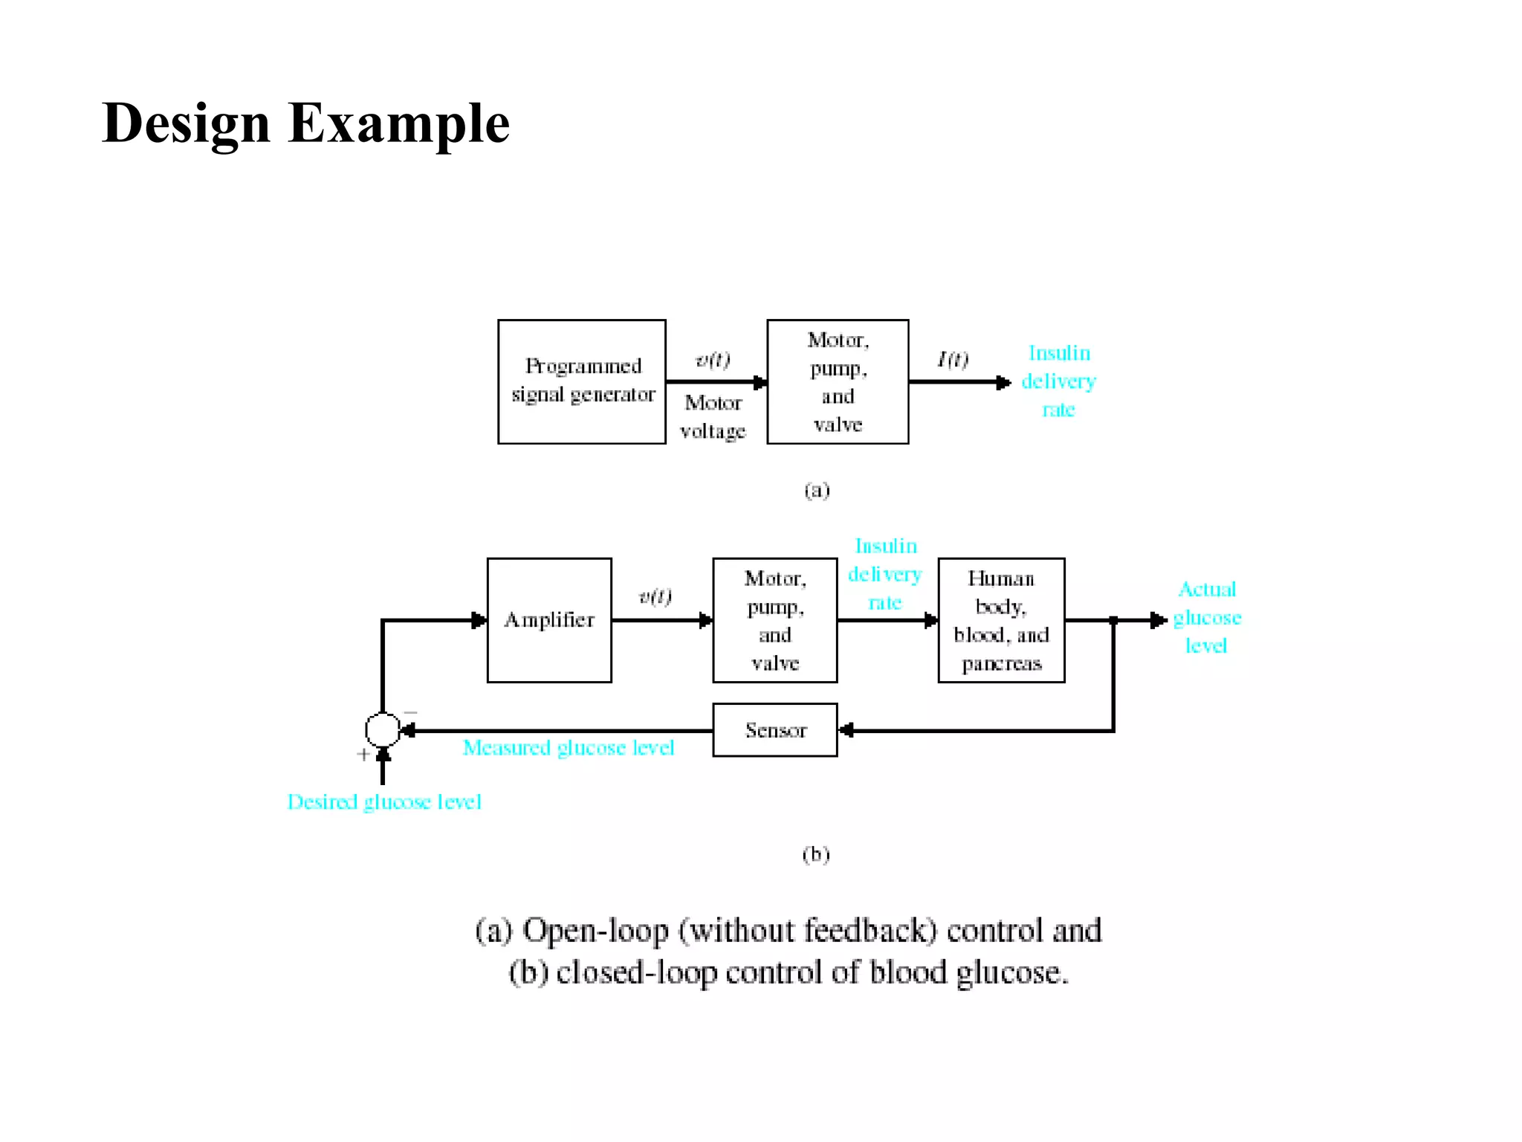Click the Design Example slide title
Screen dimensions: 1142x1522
tap(305, 123)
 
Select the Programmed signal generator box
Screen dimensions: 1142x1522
tap(582, 382)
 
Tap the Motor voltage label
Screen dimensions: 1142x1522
tap(713, 416)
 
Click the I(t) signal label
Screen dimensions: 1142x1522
tap(953, 360)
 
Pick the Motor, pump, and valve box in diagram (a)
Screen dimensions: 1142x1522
tap(838, 382)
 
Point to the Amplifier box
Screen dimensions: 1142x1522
tap(549, 620)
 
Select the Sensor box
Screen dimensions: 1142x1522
tap(775, 730)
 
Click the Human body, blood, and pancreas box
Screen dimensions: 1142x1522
tap(1001, 620)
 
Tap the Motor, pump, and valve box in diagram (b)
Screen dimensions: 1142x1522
tap(775, 620)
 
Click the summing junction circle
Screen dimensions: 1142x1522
tap(383, 729)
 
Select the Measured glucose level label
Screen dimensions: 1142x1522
tap(569, 748)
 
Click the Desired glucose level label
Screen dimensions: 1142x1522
tap(384, 802)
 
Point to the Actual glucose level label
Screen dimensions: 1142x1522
tap(1207, 618)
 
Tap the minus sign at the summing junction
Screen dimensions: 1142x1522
tap(410, 713)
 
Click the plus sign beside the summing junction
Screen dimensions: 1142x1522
tap(363, 755)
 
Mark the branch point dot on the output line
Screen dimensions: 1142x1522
tap(1113, 620)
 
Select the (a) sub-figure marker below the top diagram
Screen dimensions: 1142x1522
tap(817, 490)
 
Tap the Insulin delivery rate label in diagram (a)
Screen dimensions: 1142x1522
tap(1058, 381)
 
